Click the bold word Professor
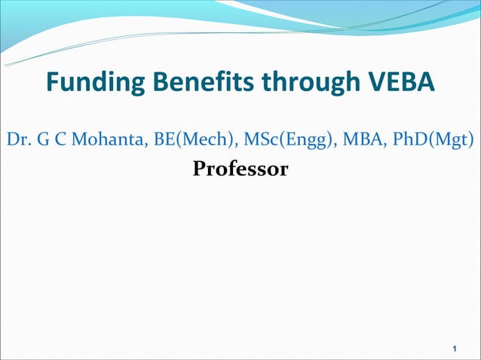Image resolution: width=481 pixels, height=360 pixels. point(240,169)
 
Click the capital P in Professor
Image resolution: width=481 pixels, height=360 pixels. point(199,169)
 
